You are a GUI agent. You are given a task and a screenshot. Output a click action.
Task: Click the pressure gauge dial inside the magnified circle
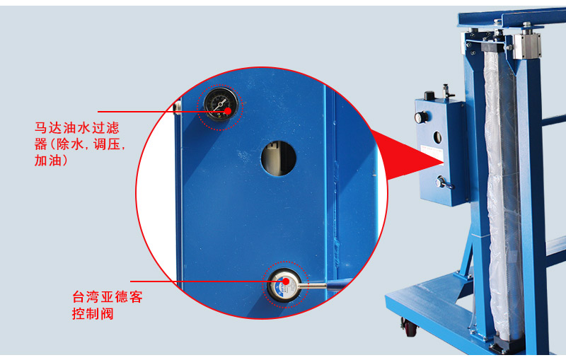221,104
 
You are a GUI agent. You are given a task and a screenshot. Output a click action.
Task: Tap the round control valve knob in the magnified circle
284,285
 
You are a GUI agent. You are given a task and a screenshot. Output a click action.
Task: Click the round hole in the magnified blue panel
279,158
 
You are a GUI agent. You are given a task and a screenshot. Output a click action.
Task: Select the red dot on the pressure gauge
228,111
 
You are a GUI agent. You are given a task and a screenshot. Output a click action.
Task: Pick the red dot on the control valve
286,281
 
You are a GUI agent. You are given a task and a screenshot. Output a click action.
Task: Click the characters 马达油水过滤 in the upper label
77,128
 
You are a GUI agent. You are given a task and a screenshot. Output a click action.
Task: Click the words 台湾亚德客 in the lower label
108,297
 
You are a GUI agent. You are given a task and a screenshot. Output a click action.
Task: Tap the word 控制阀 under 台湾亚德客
93,313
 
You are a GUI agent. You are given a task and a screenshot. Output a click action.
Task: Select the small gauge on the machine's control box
420,117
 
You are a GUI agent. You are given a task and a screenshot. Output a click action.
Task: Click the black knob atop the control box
429,95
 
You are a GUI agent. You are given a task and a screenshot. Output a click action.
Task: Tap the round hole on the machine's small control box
437,137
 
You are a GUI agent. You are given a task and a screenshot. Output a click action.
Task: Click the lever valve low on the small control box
444,183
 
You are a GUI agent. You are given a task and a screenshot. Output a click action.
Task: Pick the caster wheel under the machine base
410,327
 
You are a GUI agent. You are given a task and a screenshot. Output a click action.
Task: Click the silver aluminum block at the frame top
527,45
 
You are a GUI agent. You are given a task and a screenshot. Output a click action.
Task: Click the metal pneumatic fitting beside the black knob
447,91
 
